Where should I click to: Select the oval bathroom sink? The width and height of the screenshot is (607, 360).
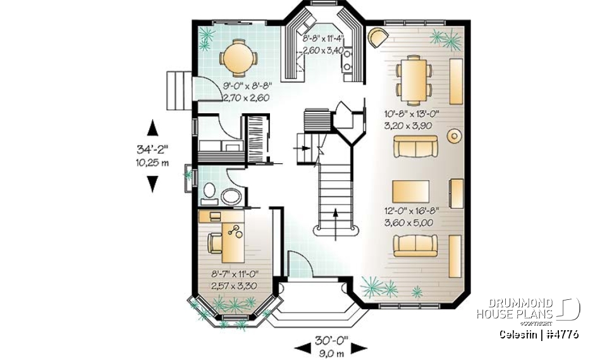point(231,196)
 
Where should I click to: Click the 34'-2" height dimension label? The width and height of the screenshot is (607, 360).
point(152,151)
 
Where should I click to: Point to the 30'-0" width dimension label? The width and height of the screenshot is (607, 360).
point(331,340)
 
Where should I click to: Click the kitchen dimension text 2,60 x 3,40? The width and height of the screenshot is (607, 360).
point(322,50)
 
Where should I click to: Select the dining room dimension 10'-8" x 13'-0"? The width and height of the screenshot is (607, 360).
point(412,115)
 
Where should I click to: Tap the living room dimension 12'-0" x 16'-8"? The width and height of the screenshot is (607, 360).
point(411,211)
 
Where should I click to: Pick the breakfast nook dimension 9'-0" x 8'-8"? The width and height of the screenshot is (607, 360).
point(246,87)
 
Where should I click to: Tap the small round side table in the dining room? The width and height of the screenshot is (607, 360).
point(453,135)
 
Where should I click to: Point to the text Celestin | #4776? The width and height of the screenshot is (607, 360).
point(538,334)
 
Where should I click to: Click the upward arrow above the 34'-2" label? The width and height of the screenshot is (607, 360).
point(152,127)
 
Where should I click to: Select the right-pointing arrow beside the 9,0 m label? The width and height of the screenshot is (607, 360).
point(359,347)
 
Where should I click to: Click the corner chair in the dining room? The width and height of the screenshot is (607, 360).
point(377,37)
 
